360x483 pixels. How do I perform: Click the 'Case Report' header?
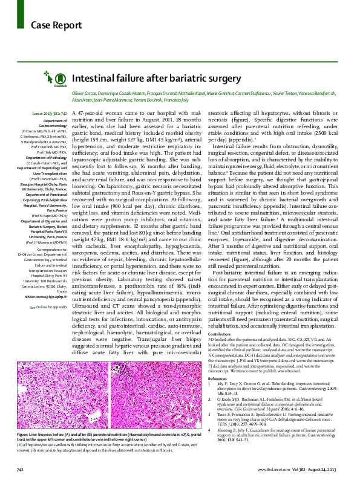pyautogui.click(x=48, y=25)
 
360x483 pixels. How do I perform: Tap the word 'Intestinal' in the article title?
pyautogui.click(x=94, y=78)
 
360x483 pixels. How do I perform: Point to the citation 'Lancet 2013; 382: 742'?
pyautogui.click(x=48, y=114)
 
